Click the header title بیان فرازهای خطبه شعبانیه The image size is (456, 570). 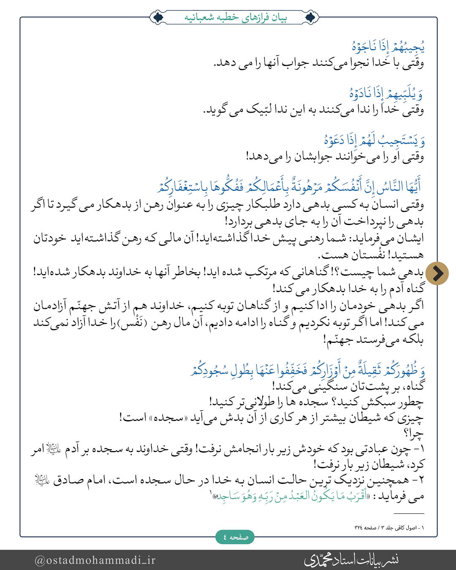(x=235, y=18)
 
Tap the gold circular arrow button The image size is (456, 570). (x=437, y=273)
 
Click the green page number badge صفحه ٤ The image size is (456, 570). (x=235, y=537)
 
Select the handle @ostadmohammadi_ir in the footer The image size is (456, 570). (x=95, y=560)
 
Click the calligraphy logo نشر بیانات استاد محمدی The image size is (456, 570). (x=351, y=559)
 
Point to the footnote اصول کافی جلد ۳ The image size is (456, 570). (x=389, y=527)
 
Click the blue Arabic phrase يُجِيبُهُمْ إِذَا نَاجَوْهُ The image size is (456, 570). (x=388, y=46)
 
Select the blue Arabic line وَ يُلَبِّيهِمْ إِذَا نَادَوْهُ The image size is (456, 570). (x=386, y=93)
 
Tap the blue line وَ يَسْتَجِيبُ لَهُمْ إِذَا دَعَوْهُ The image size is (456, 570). (x=374, y=140)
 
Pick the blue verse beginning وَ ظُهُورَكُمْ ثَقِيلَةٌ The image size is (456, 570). (x=307, y=370)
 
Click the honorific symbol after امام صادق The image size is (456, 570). (x=42, y=480)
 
